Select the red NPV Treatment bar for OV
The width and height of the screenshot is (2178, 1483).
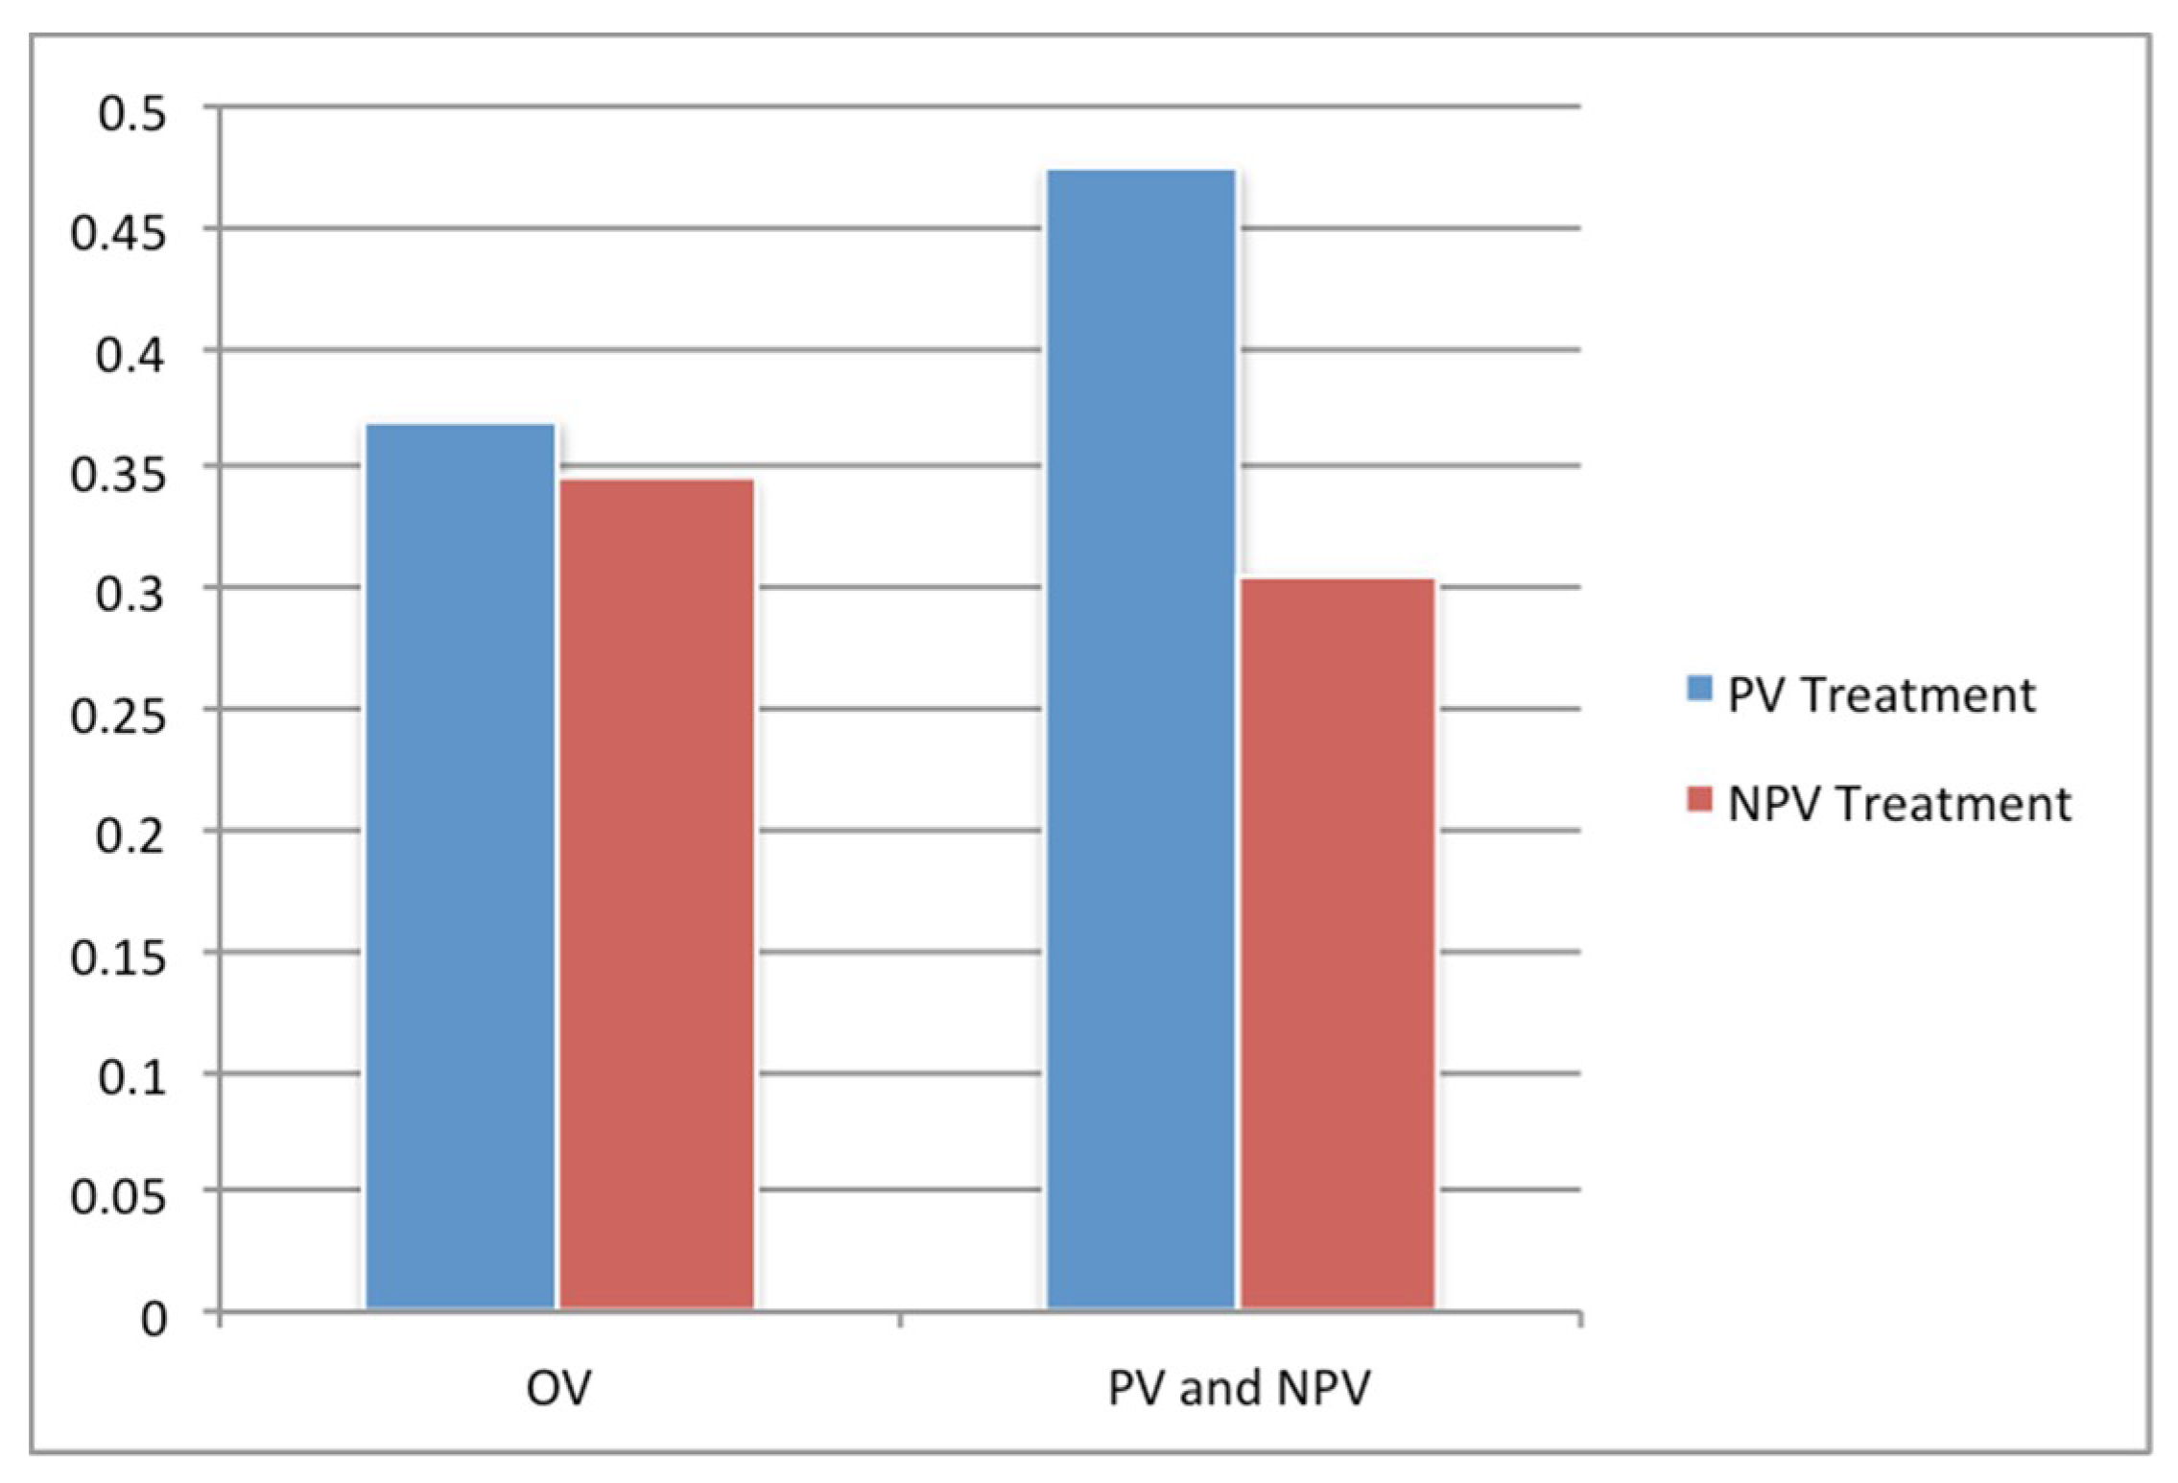(x=657, y=892)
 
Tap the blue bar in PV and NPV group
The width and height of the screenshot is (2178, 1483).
(x=1141, y=739)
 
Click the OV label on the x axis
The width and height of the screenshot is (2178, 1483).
(x=558, y=1387)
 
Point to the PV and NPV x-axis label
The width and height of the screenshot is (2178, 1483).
(x=1239, y=1387)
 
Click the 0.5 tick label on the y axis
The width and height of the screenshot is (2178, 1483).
(x=131, y=114)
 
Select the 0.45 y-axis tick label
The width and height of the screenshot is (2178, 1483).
(x=119, y=234)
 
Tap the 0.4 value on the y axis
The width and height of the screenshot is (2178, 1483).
(x=131, y=355)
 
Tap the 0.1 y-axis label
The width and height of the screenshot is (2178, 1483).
(x=131, y=1078)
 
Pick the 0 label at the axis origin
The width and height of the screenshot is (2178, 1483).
(x=154, y=1320)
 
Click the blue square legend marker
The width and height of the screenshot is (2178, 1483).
(x=1699, y=687)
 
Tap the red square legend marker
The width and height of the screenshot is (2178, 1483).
(x=1699, y=799)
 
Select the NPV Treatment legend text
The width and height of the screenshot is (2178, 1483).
(x=1899, y=803)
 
